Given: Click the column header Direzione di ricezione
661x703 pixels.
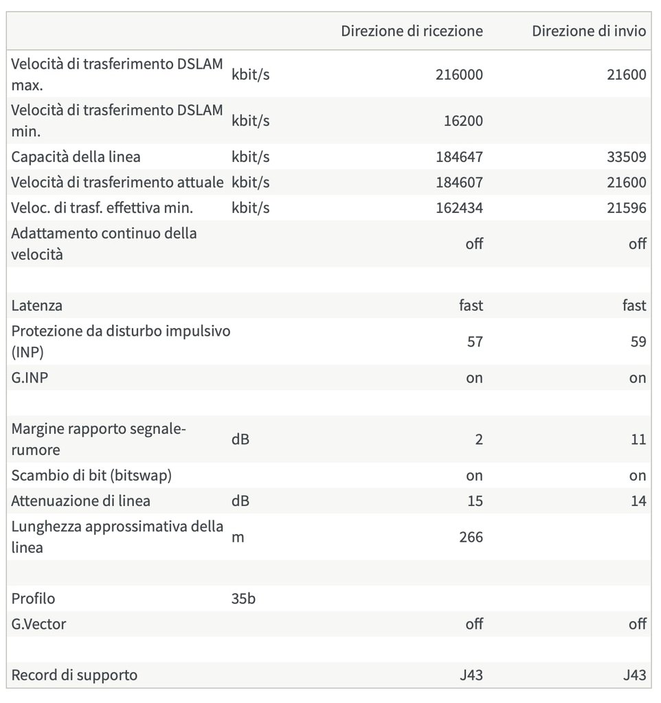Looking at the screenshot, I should click(x=412, y=32).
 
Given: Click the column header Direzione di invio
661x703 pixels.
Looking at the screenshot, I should click(x=589, y=32).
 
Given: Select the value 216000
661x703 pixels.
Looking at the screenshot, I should click(x=459, y=74).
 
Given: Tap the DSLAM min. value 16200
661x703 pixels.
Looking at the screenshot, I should click(x=463, y=121).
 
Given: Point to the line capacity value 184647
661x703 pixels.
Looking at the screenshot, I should click(x=459, y=157).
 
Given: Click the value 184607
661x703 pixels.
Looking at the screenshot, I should click(x=459, y=183).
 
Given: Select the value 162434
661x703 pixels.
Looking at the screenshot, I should click(x=459, y=208).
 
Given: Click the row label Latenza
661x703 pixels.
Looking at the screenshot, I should click(x=36, y=306).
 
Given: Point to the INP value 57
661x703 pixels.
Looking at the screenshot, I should click(x=475, y=341).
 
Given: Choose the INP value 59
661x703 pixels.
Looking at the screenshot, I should click(x=638, y=341).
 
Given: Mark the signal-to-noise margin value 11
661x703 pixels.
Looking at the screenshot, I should click(x=638, y=439).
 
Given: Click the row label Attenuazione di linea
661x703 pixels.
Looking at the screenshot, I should click(x=80, y=501).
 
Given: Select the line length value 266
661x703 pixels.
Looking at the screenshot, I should click(x=471, y=537).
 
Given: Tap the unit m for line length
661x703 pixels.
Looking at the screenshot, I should click(x=238, y=537).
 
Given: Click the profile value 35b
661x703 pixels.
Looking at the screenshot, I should click(x=244, y=599).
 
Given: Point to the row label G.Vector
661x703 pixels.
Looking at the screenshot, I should click(x=39, y=624).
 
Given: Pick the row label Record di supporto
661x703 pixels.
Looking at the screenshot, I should click(x=74, y=675).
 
